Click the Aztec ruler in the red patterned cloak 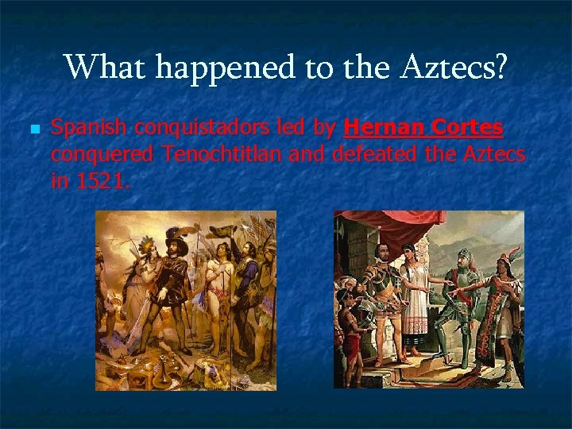[x=500, y=310]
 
